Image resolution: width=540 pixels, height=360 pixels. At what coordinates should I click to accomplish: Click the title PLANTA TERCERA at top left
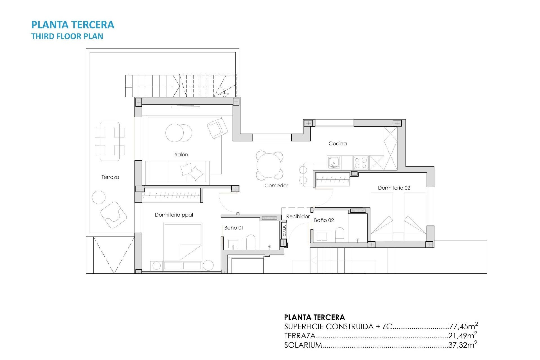coord(73,25)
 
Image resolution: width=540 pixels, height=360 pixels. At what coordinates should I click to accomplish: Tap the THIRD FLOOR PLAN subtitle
coord(67,36)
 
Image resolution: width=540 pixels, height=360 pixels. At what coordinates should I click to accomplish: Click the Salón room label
coord(181,154)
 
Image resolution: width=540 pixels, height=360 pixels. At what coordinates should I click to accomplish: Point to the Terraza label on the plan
coord(110,177)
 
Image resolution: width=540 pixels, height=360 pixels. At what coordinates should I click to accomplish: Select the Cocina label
coord(337,143)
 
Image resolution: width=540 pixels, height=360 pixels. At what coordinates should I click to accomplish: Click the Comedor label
coord(276,185)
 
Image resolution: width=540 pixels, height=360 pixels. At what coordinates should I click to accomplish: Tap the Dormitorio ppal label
coord(174,215)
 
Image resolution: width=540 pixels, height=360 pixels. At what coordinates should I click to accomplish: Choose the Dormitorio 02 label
coord(394,188)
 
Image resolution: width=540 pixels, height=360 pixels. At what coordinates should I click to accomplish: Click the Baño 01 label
coord(234,228)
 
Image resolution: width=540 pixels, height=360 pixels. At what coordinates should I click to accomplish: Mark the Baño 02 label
coord(324,220)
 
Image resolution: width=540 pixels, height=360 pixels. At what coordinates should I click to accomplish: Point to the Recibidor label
coord(298,216)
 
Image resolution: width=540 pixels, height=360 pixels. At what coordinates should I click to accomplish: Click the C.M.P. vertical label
coord(284,230)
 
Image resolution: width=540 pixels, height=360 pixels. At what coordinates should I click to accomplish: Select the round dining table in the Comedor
coord(269,165)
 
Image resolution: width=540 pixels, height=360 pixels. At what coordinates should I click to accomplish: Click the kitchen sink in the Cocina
coord(334,163)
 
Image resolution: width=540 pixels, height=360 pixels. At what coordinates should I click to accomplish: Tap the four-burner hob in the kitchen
coord(361,163)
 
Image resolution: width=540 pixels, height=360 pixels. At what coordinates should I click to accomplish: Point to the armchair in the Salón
coord(217,128)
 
